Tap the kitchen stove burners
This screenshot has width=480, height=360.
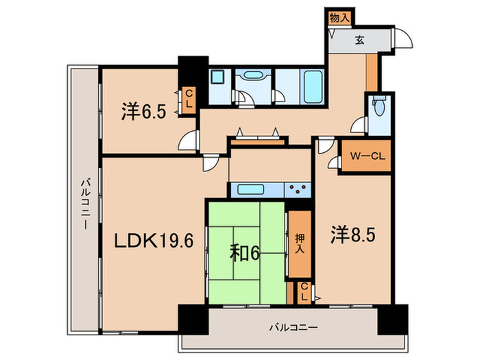point(298,189)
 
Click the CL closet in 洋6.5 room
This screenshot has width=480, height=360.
point(188,99)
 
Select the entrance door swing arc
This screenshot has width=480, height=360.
point(405,39)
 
